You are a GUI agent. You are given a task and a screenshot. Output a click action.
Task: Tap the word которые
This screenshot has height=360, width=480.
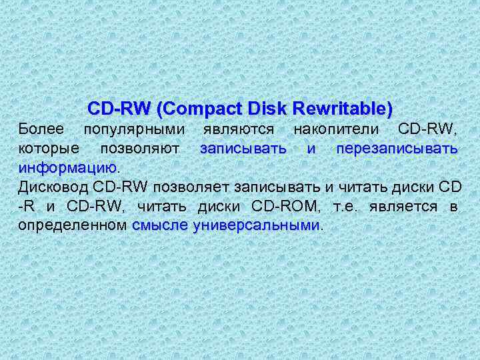[x=49, y=147]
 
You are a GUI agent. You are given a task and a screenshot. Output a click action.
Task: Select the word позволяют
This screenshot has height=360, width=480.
[x=139, y=147]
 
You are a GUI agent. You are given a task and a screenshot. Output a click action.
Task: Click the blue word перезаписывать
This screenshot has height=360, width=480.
[x=396, y=147]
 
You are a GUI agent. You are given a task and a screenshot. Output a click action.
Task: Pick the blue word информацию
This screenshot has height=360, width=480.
[x=67, y=167]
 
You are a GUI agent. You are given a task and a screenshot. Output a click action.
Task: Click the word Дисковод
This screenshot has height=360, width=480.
[x=52, y=186]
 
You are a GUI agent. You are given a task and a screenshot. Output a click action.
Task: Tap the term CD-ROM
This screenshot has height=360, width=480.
[x=288, y=205]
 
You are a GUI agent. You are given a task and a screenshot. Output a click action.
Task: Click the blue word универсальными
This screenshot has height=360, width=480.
[x=257, y=225]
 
